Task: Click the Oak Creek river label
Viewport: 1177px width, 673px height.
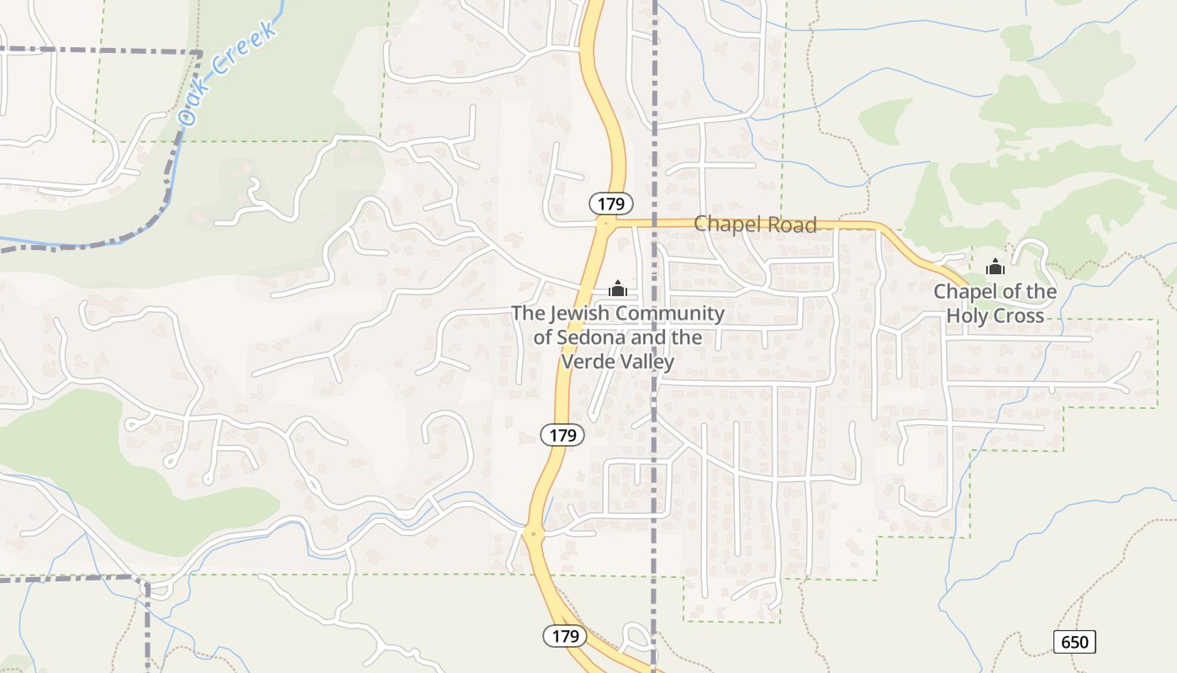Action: [x=229, y=74]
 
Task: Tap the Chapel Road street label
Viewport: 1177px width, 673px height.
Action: [x=755, y=225]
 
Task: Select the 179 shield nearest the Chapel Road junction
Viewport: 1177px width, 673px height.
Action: [x=610, y=204]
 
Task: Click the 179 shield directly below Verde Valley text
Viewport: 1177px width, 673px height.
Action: [x=562, y=435]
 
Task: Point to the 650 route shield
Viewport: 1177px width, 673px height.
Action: [x=1074, y=643]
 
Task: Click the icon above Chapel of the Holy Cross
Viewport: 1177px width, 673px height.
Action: [x=995, y=268]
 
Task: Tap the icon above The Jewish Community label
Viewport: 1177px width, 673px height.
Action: [x=618, y=289]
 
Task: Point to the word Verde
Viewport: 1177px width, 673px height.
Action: [x=586, y=363]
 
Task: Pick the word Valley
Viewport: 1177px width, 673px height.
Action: [x=646, y=363]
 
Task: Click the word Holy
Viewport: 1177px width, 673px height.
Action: [x=967, y=316]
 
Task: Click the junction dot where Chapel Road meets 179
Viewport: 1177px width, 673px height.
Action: [x=604, y=224]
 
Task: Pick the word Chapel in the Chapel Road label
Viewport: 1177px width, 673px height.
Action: [x=726, y=225]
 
